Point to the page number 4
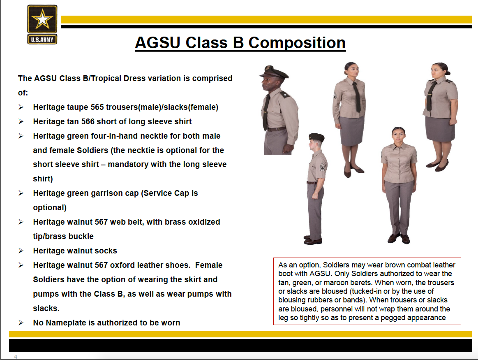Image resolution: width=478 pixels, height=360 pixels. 16,357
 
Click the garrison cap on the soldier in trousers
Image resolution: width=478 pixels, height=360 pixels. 316,137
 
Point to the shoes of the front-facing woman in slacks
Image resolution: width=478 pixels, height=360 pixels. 399,238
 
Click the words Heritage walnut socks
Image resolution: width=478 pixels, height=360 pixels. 75,251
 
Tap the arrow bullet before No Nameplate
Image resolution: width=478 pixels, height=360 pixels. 21,323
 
